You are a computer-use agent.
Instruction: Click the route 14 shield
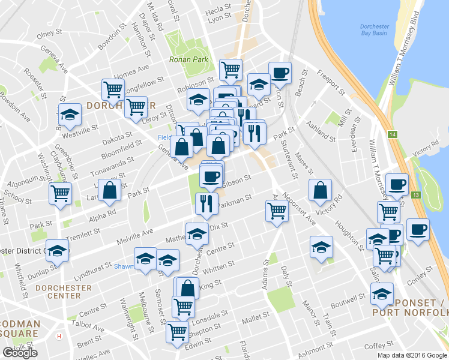pyautogui.click(x=393, y=134)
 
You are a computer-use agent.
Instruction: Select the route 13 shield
pyautogui.click(x=415, y=194)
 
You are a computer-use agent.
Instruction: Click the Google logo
pyautogui.click(x=20, y=353)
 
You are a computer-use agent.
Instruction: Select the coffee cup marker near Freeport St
pyautogui.click(x=280, y=73)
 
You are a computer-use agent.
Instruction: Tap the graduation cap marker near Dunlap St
pyautogui.click(x=57, y=250)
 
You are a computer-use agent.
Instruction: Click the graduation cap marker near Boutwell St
pyautogui.click(x=381, y=294)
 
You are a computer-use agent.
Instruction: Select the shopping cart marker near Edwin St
pyautogui.click(x=177, y=331)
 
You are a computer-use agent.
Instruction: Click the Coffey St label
pyautogui.click(x=378, y=346)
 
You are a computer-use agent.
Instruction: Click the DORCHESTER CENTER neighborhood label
pyautogui.click(x=64, y=292)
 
